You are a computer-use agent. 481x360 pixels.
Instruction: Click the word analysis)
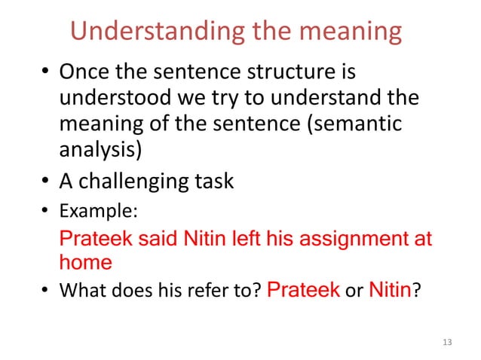[x=100, y=148]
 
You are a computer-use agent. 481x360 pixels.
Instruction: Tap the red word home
[x=85, y=263]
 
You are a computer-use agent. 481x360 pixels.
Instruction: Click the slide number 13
[x=447, y=343]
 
